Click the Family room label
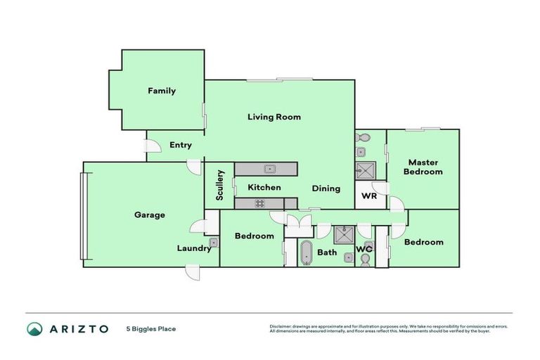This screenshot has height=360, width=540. pos(161,91)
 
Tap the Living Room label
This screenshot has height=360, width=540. pos(274,117)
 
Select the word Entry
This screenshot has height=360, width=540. pos(181,146)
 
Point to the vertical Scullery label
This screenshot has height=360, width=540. pos(220,186)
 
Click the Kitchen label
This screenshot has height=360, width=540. pos(264,187)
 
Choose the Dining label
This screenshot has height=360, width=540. pos(326,188)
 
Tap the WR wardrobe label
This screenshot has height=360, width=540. pos(369,196)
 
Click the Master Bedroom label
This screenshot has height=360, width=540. pos(423,167)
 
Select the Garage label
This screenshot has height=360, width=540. pos(149,214)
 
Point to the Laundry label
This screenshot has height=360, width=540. pos(193,248)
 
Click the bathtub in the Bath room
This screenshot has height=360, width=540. pos(306,252)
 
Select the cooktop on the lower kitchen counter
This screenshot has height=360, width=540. pos(259,204)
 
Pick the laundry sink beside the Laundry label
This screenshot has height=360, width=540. pos(213,243)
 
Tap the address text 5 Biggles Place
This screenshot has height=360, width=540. pos(151,328)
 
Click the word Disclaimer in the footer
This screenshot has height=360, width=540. pos(283,326)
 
